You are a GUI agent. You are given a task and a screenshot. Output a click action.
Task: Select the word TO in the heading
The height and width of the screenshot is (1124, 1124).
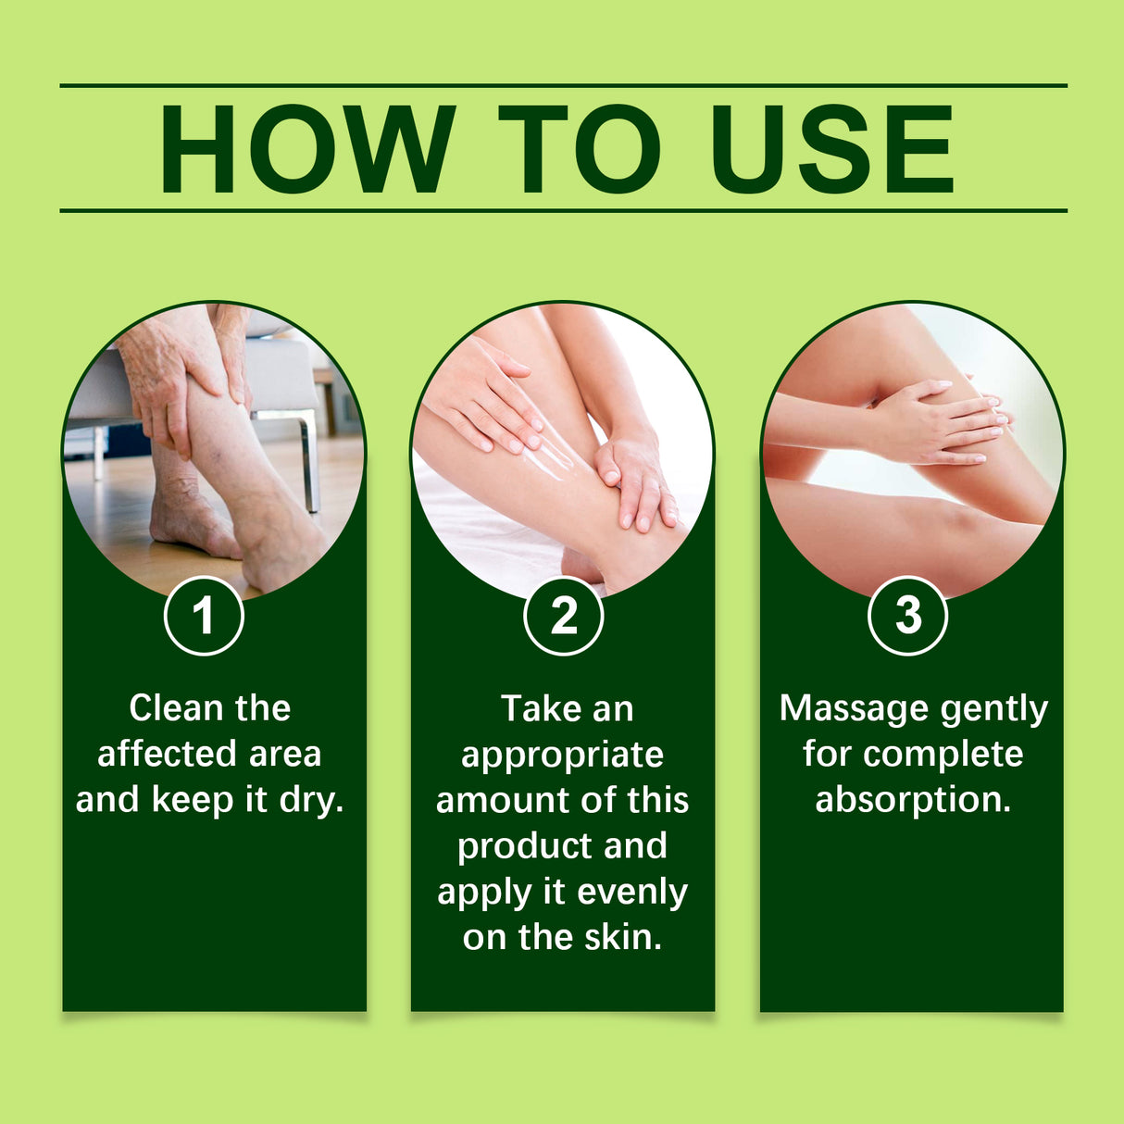(x=580, y=150)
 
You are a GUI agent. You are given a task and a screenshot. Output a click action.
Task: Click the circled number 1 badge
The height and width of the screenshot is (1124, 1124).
(x=204, y=616)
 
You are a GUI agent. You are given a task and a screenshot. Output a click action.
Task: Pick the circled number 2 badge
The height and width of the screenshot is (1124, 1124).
(x=563, y=616)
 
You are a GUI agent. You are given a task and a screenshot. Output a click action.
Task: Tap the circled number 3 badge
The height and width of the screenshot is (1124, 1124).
(x=908, y=616)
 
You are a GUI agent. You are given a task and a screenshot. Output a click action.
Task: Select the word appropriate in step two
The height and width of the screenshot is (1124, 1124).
(x=562, y=755)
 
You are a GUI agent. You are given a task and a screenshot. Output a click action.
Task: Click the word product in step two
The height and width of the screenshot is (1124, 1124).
(x=512, y=846)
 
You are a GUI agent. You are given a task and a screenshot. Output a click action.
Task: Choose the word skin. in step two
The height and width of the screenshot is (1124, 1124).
(x=623, y=937)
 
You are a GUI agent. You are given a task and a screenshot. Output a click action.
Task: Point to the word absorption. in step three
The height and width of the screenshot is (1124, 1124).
(x=913, y=799)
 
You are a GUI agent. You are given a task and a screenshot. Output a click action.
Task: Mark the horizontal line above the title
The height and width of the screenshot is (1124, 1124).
(x=563, y=85)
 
